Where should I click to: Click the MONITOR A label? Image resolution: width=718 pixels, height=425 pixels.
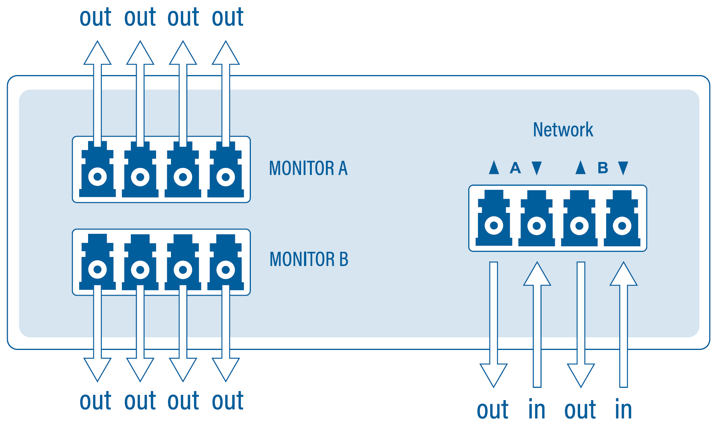[x=308, y=168]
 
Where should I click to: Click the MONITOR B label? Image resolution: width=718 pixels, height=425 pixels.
[x=309, y=259]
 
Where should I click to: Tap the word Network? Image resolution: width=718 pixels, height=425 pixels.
[x=563, y=130]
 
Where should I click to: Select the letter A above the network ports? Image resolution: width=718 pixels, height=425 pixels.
[x=515, y=168]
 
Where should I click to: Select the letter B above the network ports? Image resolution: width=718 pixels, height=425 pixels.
[x=602, y=168]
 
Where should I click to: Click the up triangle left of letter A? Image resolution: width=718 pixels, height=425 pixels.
[x=494, y=168]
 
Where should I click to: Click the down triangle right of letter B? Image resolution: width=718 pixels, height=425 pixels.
[x=623, y=168]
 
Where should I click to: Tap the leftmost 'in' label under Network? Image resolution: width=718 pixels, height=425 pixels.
[x=537, y=409]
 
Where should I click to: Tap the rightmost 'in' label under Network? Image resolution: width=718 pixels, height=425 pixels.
[x=623, y=409]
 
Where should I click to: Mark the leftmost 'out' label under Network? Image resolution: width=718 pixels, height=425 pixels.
[x=492, y=410]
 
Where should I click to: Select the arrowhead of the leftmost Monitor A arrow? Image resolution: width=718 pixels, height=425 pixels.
[x=97, y=54]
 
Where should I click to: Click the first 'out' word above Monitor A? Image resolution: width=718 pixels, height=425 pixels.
[x=96, y=17]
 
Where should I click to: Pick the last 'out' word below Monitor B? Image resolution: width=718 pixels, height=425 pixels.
[x=227, y=401]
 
